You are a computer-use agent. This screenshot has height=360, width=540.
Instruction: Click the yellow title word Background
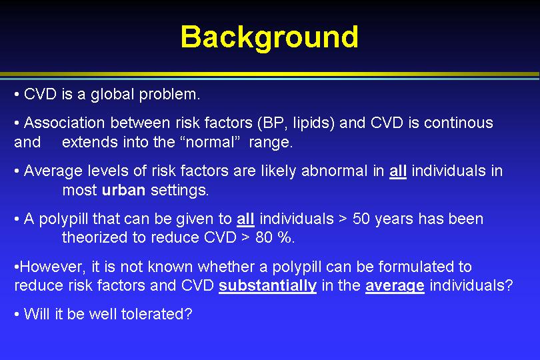269,38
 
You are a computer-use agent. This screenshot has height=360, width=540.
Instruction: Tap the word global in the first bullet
112,95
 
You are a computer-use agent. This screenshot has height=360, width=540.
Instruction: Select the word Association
65,123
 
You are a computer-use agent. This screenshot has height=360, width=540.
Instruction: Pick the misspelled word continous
459,123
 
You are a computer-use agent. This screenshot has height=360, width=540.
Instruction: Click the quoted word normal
210,142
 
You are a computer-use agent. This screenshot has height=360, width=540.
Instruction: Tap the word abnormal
334,171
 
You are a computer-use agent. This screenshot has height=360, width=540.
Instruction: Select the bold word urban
123,190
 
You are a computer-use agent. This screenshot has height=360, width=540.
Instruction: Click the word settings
180,191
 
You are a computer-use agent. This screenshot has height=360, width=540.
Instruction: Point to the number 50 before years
361,219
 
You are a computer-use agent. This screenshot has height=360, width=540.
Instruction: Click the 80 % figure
275,237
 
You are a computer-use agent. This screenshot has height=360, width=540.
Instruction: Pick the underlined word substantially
267,285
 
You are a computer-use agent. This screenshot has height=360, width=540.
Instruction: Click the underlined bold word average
395,286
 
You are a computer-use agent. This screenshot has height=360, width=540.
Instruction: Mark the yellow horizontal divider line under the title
270,74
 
